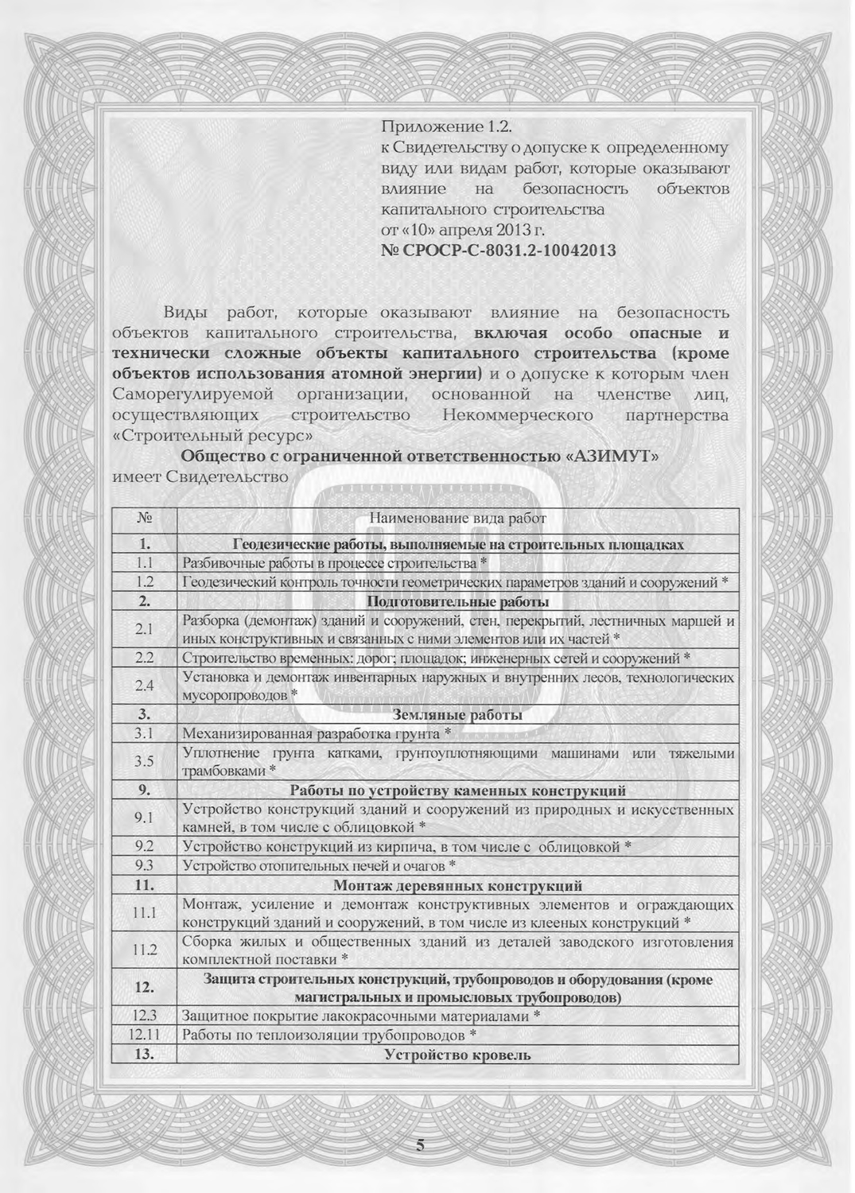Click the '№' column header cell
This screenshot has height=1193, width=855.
pos(144,519)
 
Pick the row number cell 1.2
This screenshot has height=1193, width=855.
pos(144,582)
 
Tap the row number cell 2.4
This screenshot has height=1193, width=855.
pos(144,686)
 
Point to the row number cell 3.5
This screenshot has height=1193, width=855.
pos(144,761)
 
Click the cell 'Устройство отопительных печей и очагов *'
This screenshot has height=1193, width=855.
pos(319,865)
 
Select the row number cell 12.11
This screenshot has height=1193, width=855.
pos(144,1036)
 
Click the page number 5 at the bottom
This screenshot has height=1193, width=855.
pos(421,1146)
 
